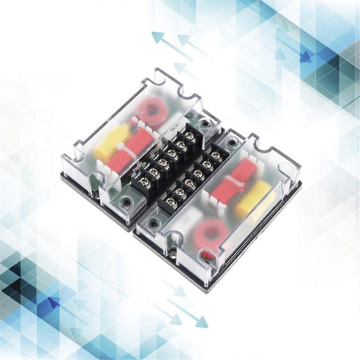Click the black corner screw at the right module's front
coord(154,223)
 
